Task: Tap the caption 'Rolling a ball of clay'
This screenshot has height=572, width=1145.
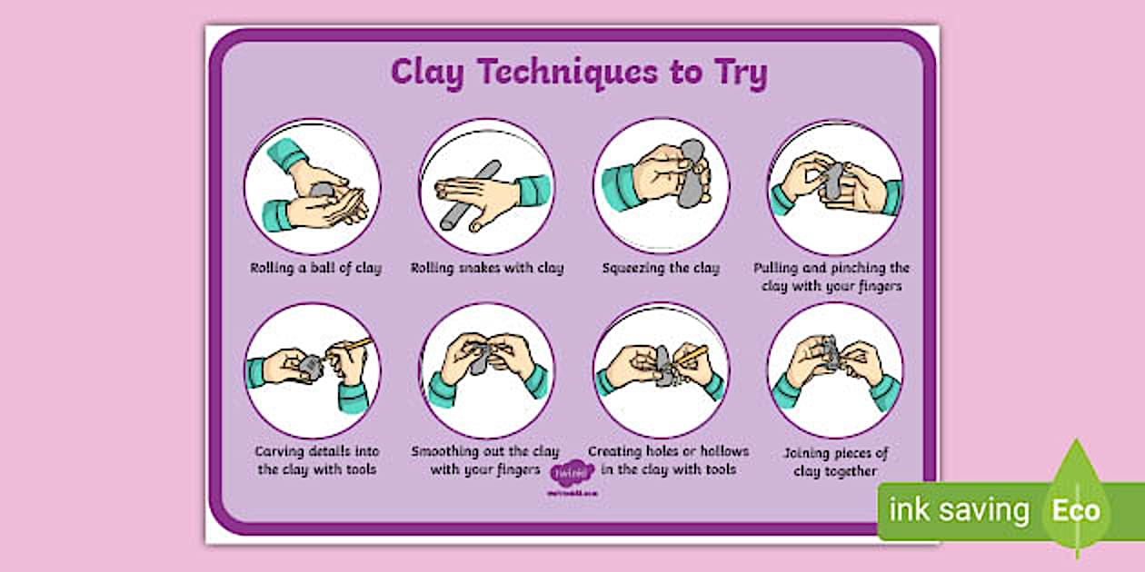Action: (316, 268)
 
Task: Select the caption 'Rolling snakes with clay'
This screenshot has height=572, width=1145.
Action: (487, 268)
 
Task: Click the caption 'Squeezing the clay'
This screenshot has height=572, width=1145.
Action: (661, 268)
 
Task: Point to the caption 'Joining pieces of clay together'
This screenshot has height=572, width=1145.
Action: (835, 462)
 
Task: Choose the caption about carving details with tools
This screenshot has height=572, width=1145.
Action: (316, 460)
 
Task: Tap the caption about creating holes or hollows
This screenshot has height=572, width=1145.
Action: (668, 459)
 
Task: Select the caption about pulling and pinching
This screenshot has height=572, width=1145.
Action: (831, 277)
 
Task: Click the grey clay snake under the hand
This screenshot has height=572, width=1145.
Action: (482, 204)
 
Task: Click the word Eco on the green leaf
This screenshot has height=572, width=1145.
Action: (1076, 509)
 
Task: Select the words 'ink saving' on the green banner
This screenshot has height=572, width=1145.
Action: (958, 510)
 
